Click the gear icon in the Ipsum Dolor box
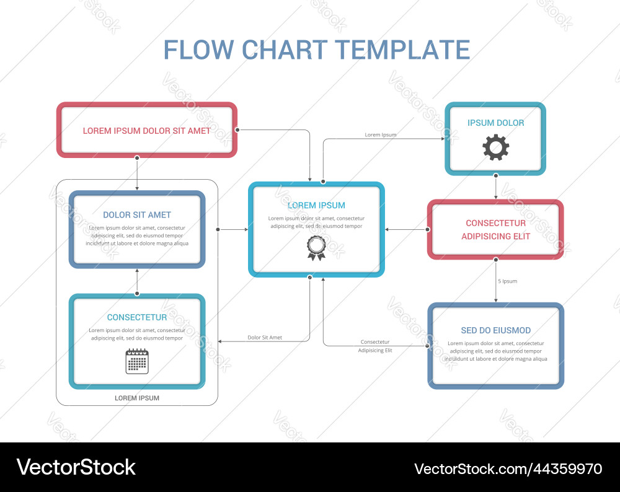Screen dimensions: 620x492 (495, 148)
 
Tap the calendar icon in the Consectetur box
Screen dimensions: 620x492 (137, 361)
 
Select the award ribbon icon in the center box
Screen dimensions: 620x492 (316, 247)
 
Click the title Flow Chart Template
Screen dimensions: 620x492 (316, 50)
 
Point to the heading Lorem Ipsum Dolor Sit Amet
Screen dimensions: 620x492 (146, 131)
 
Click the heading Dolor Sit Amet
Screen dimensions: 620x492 (137, 215)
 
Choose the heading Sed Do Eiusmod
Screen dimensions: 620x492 (495, 330)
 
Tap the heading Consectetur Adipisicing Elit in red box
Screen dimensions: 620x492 (495, 229)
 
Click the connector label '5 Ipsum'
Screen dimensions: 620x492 (507, 281)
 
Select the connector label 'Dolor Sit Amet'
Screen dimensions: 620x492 (265, 338)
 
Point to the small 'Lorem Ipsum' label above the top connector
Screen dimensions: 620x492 (380, 134)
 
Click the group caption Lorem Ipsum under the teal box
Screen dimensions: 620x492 (137, 398)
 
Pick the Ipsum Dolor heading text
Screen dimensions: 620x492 (495, 123)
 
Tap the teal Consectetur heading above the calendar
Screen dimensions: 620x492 (137, 317)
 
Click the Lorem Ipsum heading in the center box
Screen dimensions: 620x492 (316, 205)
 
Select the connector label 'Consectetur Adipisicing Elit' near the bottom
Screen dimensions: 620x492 (375, 346)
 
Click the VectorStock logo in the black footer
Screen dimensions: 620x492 (76, 467)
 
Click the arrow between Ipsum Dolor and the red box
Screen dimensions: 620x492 (495, 187)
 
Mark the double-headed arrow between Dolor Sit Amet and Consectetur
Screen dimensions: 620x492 (137, 281)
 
